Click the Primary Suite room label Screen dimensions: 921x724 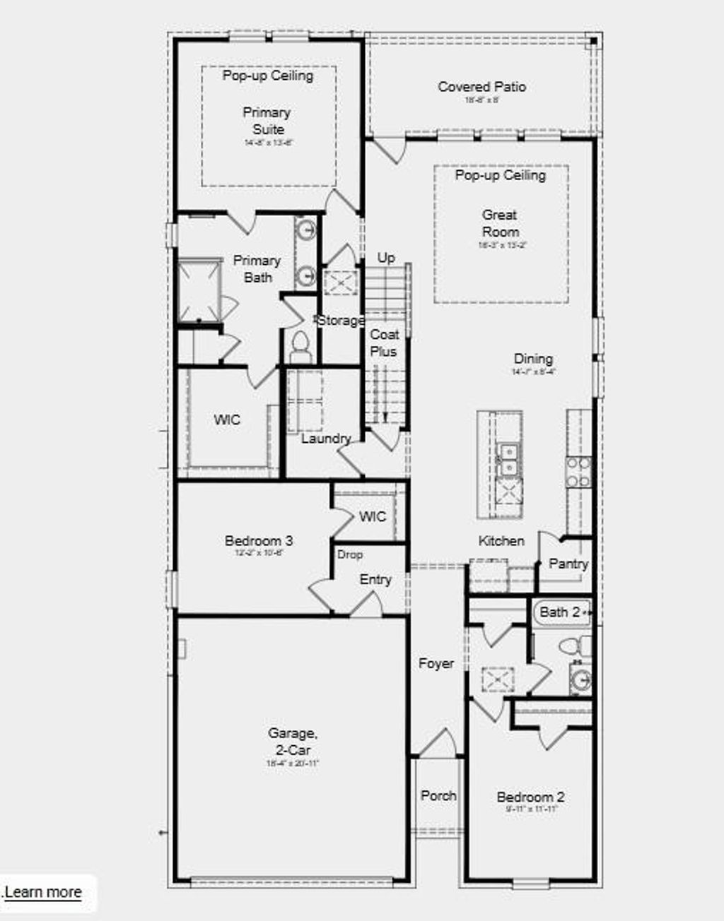[267, 121]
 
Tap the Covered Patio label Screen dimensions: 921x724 [481, 87]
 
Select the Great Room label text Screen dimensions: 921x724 [500, 223]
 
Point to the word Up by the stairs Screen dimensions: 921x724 [386, 258]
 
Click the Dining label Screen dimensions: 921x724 [533, 359]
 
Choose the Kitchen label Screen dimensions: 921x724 [501, 541]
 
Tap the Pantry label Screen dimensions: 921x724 [568, 564]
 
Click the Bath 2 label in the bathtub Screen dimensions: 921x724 [559, 612]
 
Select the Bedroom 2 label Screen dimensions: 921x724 [530, 797]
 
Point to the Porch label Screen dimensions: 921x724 [438, 795]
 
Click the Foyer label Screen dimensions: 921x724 [436, 663]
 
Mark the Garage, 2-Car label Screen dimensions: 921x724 [293, 742]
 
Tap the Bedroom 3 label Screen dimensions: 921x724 [259, 541]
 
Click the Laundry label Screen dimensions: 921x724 [325, 439]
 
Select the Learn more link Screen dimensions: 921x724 [43, 892]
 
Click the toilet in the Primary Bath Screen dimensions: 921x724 [300, 347]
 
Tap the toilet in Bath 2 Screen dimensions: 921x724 [574, 646]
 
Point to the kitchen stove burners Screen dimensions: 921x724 [578, 472]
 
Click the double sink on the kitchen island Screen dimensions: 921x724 [507, 458]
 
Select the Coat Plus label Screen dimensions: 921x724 [384, 343]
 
